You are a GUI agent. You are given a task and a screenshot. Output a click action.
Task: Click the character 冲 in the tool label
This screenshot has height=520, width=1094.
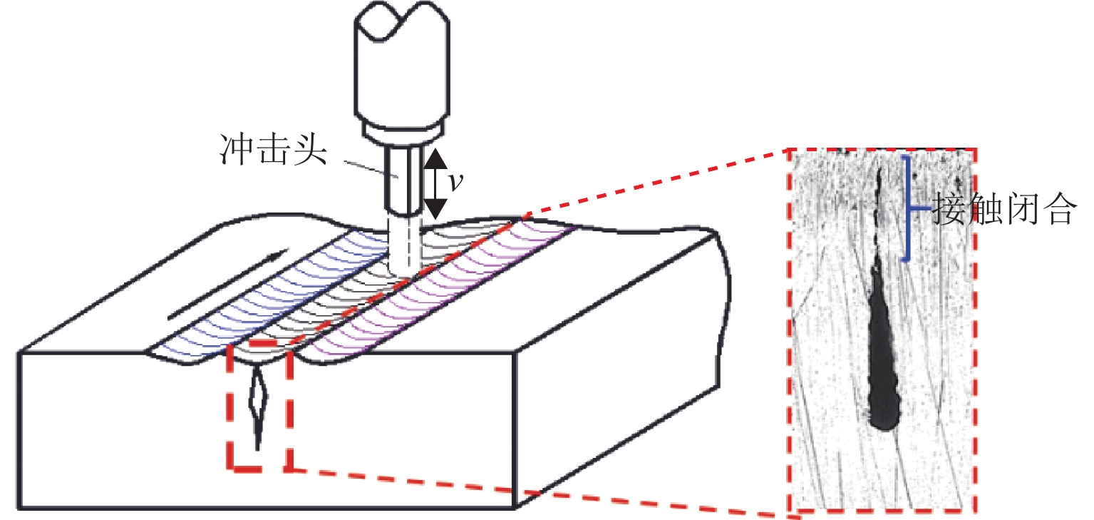[x=236, y=150]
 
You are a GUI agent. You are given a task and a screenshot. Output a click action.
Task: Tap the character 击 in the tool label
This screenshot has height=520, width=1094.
[x=272, y=150]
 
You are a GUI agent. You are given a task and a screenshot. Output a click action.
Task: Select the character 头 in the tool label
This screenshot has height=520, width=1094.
[x=309, y=150]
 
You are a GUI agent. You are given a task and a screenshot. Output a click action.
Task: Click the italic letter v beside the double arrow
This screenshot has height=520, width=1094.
[x=456, y=182]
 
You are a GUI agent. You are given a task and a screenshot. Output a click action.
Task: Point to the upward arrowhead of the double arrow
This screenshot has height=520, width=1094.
[x=435, y=158]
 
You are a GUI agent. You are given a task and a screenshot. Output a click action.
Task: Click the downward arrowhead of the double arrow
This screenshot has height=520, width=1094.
[x=435, y=209]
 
